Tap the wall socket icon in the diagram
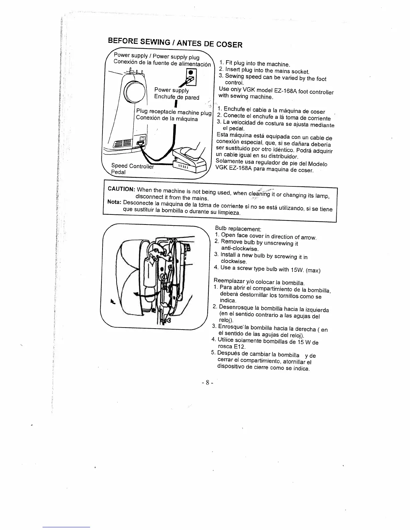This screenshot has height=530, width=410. pyautogui.click(x=190, y=77)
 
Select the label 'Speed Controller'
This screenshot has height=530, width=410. pyautogui.click(x=132, y=166)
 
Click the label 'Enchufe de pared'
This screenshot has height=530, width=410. pyautogui.click(x=177, y=97)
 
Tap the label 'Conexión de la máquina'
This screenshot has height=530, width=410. pyautogui.click(x=167, y=119)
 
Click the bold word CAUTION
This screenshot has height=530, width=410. pyautogui.click(x=121, y=189)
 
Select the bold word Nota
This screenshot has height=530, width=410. pyautogui.click(x=114, y=202)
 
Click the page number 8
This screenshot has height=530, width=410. pyautogui.click(x=207, y=382)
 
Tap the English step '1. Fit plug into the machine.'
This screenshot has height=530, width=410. pyautogui.click(x=254, y=63)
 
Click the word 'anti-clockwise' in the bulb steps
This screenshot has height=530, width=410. pyautogui.click(x=240, y=249)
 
